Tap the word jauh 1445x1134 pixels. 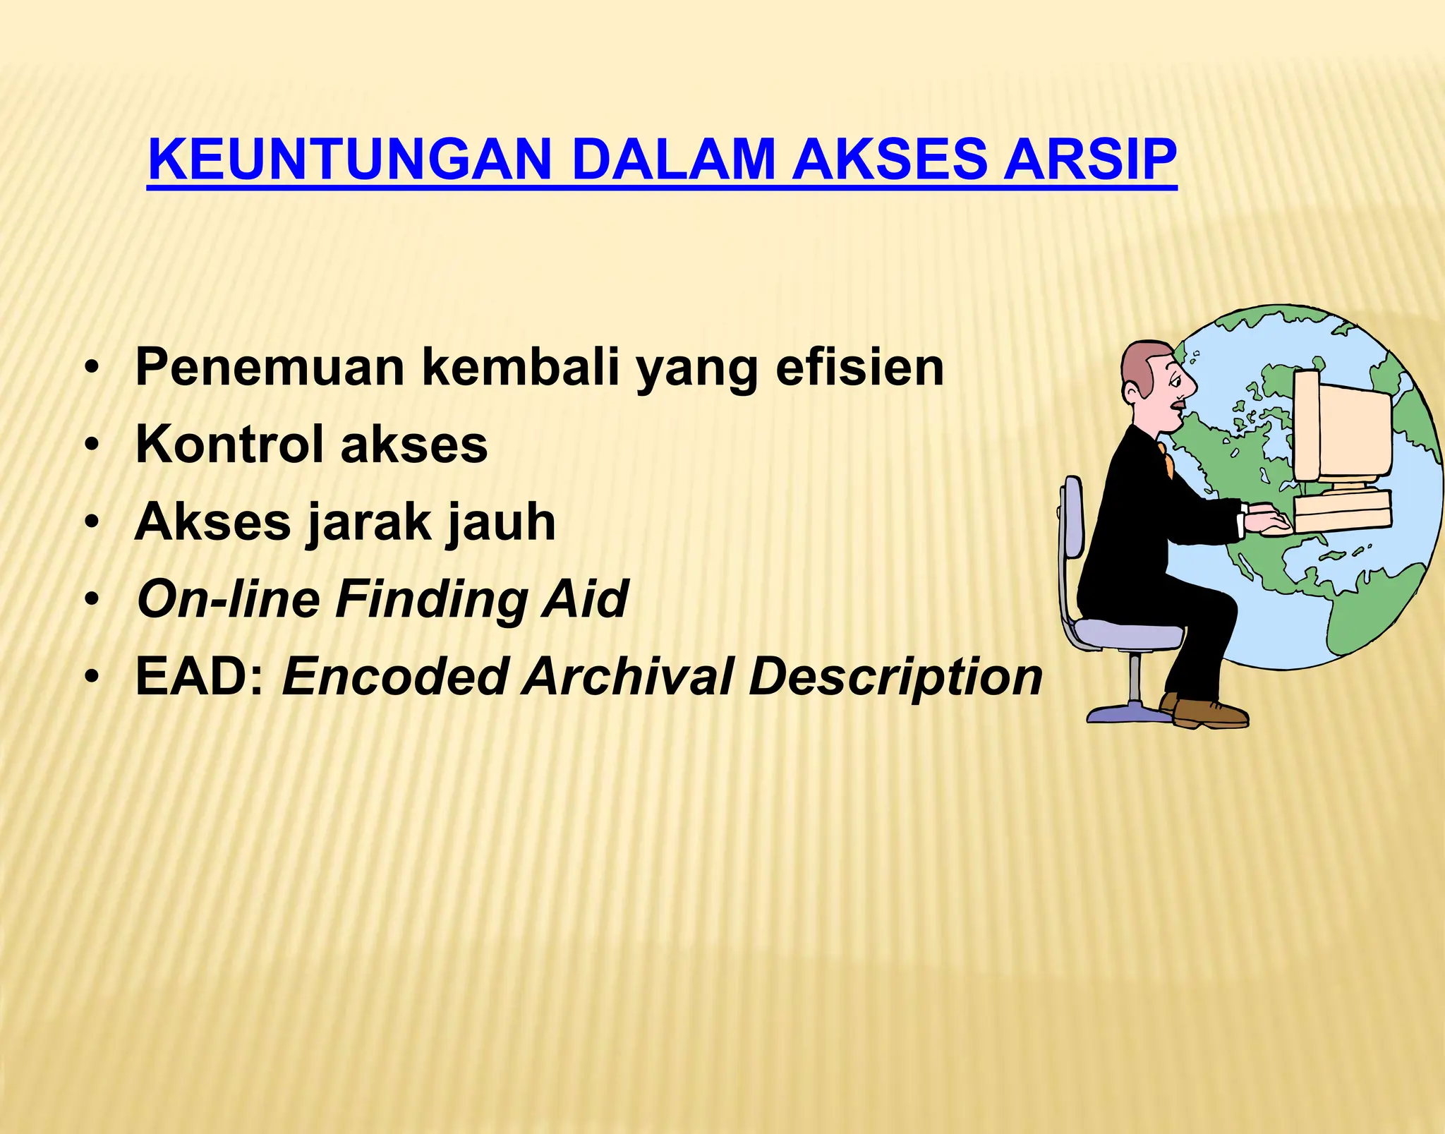[501, 524]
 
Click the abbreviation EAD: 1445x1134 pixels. [200, 677]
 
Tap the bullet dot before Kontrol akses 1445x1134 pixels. [91, 447]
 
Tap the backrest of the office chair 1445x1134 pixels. [1072, 519]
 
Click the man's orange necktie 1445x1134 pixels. [1165, 459]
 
